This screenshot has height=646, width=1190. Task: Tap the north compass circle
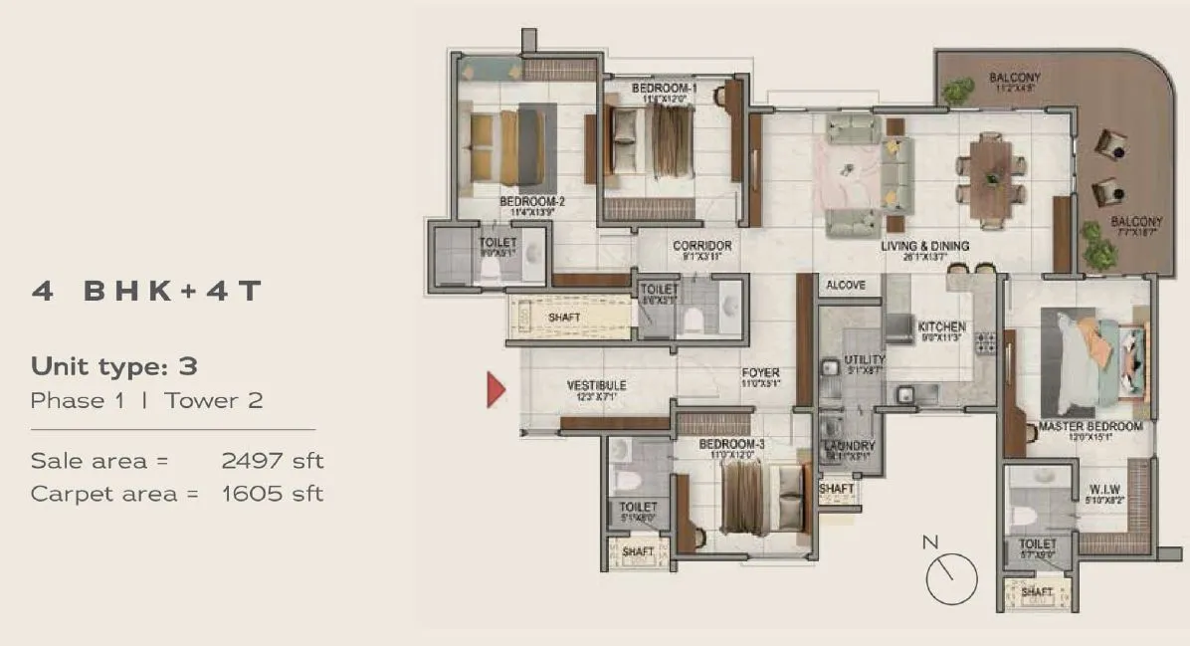tap(951, 578)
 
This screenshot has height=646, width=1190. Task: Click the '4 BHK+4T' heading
tap(145, 291)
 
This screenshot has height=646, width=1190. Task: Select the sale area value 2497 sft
tap(272, 461)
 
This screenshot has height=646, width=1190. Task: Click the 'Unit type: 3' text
tap(114, 365)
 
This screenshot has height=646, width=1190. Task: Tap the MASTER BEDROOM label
tap(1090, 426)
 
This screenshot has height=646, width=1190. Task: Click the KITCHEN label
tap(941, 326)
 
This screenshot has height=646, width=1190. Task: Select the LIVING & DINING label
tap(924, 246)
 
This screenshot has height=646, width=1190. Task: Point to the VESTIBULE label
tap(596, 385)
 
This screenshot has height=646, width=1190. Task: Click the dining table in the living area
tap(991, 174)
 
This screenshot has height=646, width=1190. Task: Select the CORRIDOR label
tap(701, 246)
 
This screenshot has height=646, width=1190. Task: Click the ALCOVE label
tap(845, 285)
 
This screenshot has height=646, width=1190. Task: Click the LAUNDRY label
tap(849, 446)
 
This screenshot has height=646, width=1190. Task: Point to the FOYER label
tap(760, 373)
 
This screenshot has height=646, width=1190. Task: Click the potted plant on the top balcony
tap(957, 92)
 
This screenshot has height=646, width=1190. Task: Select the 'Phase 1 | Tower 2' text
tap(147, 400)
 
